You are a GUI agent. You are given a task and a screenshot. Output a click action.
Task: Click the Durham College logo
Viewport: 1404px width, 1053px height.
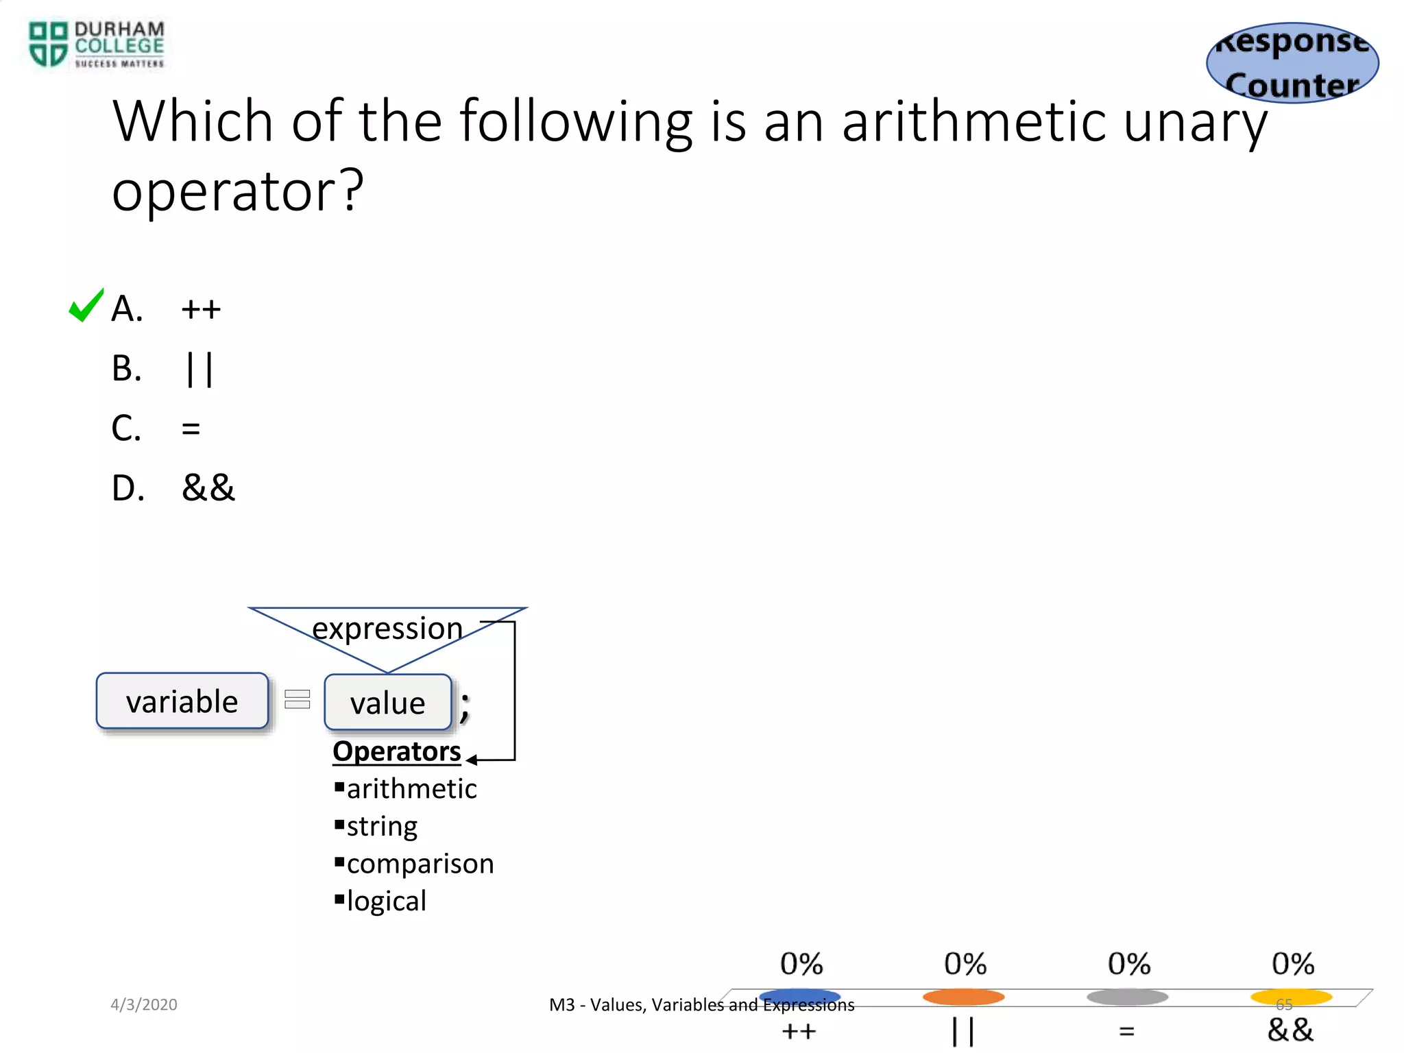coord(96,45)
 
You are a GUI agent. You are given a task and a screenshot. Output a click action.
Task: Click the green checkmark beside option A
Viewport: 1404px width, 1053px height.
coord(86,306)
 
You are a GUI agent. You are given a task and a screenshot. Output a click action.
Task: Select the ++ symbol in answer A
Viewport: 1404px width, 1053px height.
coord(201,310)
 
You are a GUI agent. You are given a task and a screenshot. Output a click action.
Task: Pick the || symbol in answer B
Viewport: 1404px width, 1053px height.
coord(199,370)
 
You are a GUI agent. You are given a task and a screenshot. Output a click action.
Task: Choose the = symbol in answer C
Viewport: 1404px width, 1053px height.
coord(191,429)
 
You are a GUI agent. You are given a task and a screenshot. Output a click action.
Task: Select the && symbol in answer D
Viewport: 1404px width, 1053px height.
coord(208,488)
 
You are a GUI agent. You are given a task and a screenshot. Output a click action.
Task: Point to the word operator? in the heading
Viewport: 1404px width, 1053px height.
coord(237,192)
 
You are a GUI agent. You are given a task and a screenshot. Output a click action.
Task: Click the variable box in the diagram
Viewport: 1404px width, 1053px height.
coord(182,701)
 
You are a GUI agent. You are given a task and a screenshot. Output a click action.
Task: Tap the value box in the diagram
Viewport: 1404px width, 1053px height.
coord(388,703)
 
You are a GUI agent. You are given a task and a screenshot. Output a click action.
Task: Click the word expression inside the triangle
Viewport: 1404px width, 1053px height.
coord(387,628)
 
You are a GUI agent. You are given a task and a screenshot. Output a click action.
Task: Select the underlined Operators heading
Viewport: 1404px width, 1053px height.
coord(396,751)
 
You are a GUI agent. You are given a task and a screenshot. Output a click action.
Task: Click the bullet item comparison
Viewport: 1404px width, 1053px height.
coord(420,864)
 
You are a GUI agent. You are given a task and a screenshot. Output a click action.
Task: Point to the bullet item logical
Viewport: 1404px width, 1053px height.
coord(386,901)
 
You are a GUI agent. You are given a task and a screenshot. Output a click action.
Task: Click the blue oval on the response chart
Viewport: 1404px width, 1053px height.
coord(799,996)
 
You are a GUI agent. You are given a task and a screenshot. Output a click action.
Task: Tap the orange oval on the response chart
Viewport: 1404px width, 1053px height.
coord(963,996)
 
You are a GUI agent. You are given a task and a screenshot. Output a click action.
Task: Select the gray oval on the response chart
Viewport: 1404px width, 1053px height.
coord(1127,996)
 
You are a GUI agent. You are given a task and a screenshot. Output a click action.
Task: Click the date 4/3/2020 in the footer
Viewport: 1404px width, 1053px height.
coord(144,1004)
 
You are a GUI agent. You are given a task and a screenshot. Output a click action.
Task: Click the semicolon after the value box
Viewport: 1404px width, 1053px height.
coord(465,706)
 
